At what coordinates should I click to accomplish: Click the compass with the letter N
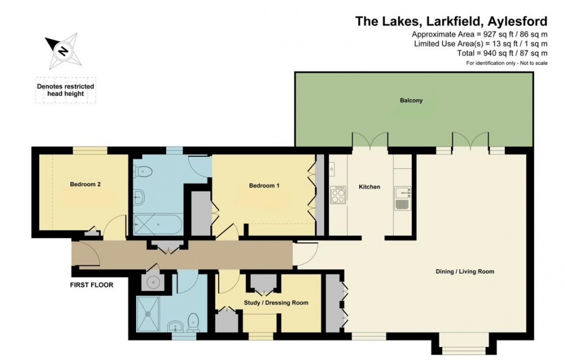click(63, 50)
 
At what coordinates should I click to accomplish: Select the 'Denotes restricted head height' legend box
click(66, 90)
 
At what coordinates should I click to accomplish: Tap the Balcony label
click(411, 100)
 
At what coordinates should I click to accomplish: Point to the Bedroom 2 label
click(85, 185)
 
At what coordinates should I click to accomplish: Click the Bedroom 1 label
click(264, 186)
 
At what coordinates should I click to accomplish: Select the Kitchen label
click(370, 187)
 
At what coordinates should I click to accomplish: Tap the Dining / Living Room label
click(465, 271)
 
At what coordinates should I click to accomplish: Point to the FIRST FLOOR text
click(92, 284)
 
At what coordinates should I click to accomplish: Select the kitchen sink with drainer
click(402, 198)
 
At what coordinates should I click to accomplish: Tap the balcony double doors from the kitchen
click(370, 140)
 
